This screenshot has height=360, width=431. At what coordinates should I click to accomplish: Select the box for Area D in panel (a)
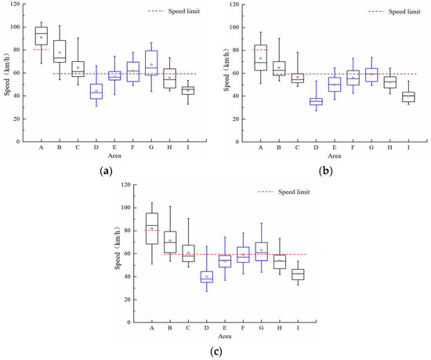click(96, 91)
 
